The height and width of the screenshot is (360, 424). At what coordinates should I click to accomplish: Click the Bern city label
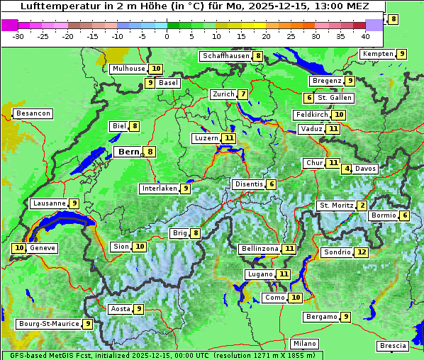tap(128, 152)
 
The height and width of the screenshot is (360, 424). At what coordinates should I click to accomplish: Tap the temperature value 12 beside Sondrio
tap(362, 252)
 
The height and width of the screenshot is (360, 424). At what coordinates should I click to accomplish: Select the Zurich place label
tap(223, 94)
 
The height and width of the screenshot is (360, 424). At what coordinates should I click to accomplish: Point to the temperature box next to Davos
tap(347, 169)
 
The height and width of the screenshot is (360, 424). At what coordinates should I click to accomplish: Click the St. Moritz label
tap(335, 206)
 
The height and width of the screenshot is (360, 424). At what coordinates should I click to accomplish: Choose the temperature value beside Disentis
tap(272, 184)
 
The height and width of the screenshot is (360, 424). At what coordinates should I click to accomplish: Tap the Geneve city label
tap(42, 248)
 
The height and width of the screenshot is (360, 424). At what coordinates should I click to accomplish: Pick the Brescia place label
tap(393, 346)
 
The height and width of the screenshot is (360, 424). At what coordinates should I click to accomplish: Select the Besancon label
tap(33, 113)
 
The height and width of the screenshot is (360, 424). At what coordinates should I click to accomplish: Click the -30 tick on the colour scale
tap(18, 36)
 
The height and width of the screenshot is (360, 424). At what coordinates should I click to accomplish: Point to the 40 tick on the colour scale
tap(365, 36)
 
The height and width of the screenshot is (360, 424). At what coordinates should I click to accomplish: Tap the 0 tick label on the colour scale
tap(167, 36)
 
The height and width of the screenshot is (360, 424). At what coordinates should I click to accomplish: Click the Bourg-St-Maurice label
tap(48, 324)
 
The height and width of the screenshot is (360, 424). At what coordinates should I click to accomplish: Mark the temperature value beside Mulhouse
tap(155, 69)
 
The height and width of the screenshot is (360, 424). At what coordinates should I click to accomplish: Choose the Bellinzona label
tap(260, 249)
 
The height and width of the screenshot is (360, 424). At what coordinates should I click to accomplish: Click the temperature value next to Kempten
tap(401, 54)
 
